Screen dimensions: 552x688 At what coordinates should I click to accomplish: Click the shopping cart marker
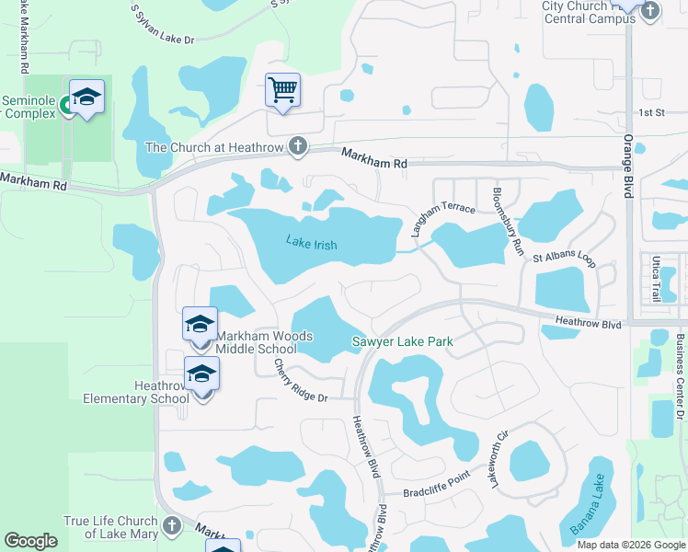coord(283,90)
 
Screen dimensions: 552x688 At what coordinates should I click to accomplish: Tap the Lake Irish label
coord(311,244)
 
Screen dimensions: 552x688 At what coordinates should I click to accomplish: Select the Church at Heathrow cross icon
coord(297,146)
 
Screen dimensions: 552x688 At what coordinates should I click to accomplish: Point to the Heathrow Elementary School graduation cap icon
coord(202,374)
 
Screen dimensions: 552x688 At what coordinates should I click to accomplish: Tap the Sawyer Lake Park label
coord(403,342)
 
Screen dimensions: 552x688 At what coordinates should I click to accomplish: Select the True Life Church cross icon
coord(171,527)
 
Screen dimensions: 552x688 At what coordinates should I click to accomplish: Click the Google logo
coord(30,541)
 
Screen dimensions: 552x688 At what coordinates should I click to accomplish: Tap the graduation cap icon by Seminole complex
coord(86,97)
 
